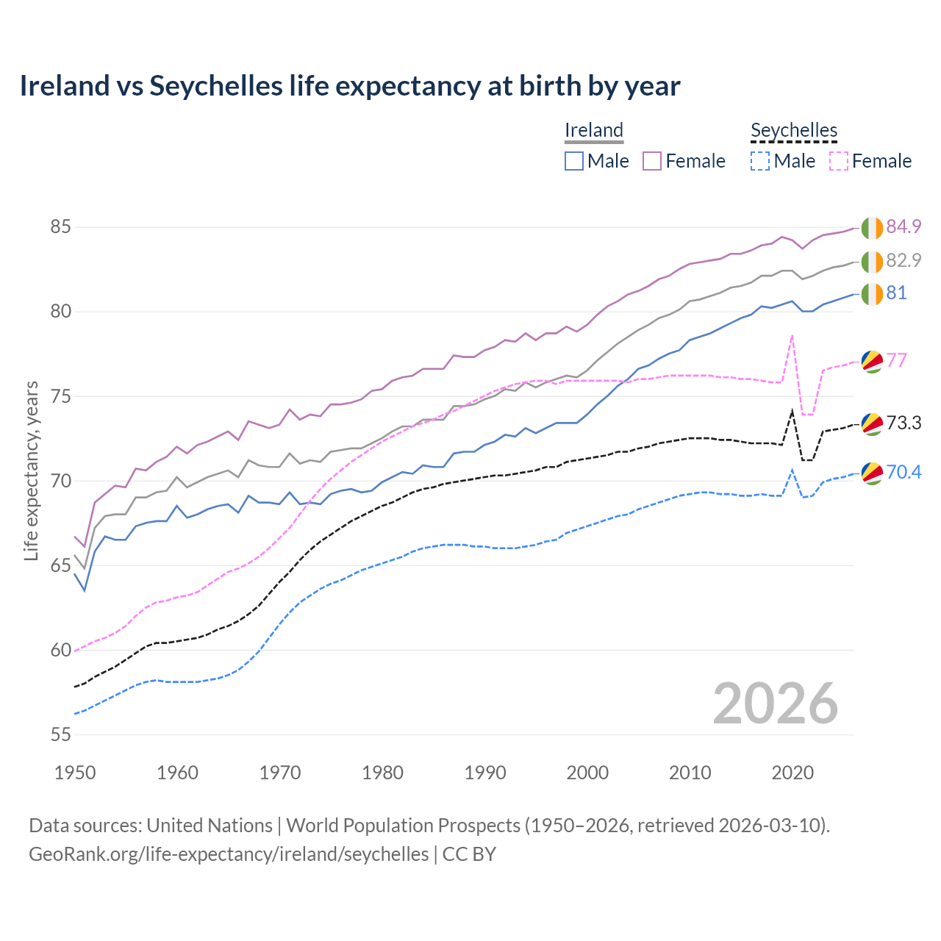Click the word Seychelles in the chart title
216,86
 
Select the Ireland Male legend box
574,161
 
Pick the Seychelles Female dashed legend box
839,161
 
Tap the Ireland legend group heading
594,130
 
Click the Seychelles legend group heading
794,130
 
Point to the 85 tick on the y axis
60,226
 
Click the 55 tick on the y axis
60,734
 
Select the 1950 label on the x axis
75,773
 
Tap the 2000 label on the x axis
587,773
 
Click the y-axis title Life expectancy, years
31,470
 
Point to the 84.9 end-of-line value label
904,226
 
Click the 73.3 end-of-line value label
904,423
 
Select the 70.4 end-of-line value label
904,472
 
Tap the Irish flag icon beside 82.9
872,261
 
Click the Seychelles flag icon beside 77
872,361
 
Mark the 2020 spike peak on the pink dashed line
792,336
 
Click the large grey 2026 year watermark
775,704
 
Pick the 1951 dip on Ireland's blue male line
85,590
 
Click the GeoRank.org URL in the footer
229,854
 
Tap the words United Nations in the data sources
210,826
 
